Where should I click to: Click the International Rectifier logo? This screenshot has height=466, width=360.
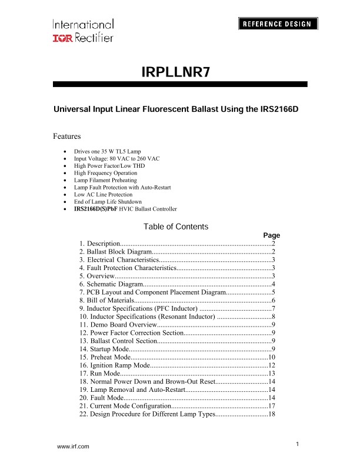[83, 31]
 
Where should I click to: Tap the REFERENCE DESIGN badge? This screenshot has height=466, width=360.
[278, 24]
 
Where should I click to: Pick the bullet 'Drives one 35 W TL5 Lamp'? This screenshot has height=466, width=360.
[107, 152]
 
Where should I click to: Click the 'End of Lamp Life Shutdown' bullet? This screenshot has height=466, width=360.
[108, 201]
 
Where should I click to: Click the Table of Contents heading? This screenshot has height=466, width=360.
[175, 227]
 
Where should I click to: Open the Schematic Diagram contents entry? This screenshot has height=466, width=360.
[111, 284]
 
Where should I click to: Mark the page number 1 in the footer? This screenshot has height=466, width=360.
[299, 443]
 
